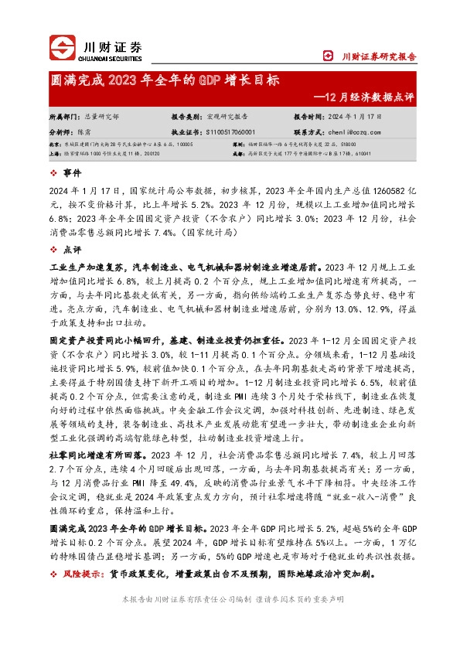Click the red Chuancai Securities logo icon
click(63, 46)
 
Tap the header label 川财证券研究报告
click(379, 56)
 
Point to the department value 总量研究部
click(101, 116)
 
